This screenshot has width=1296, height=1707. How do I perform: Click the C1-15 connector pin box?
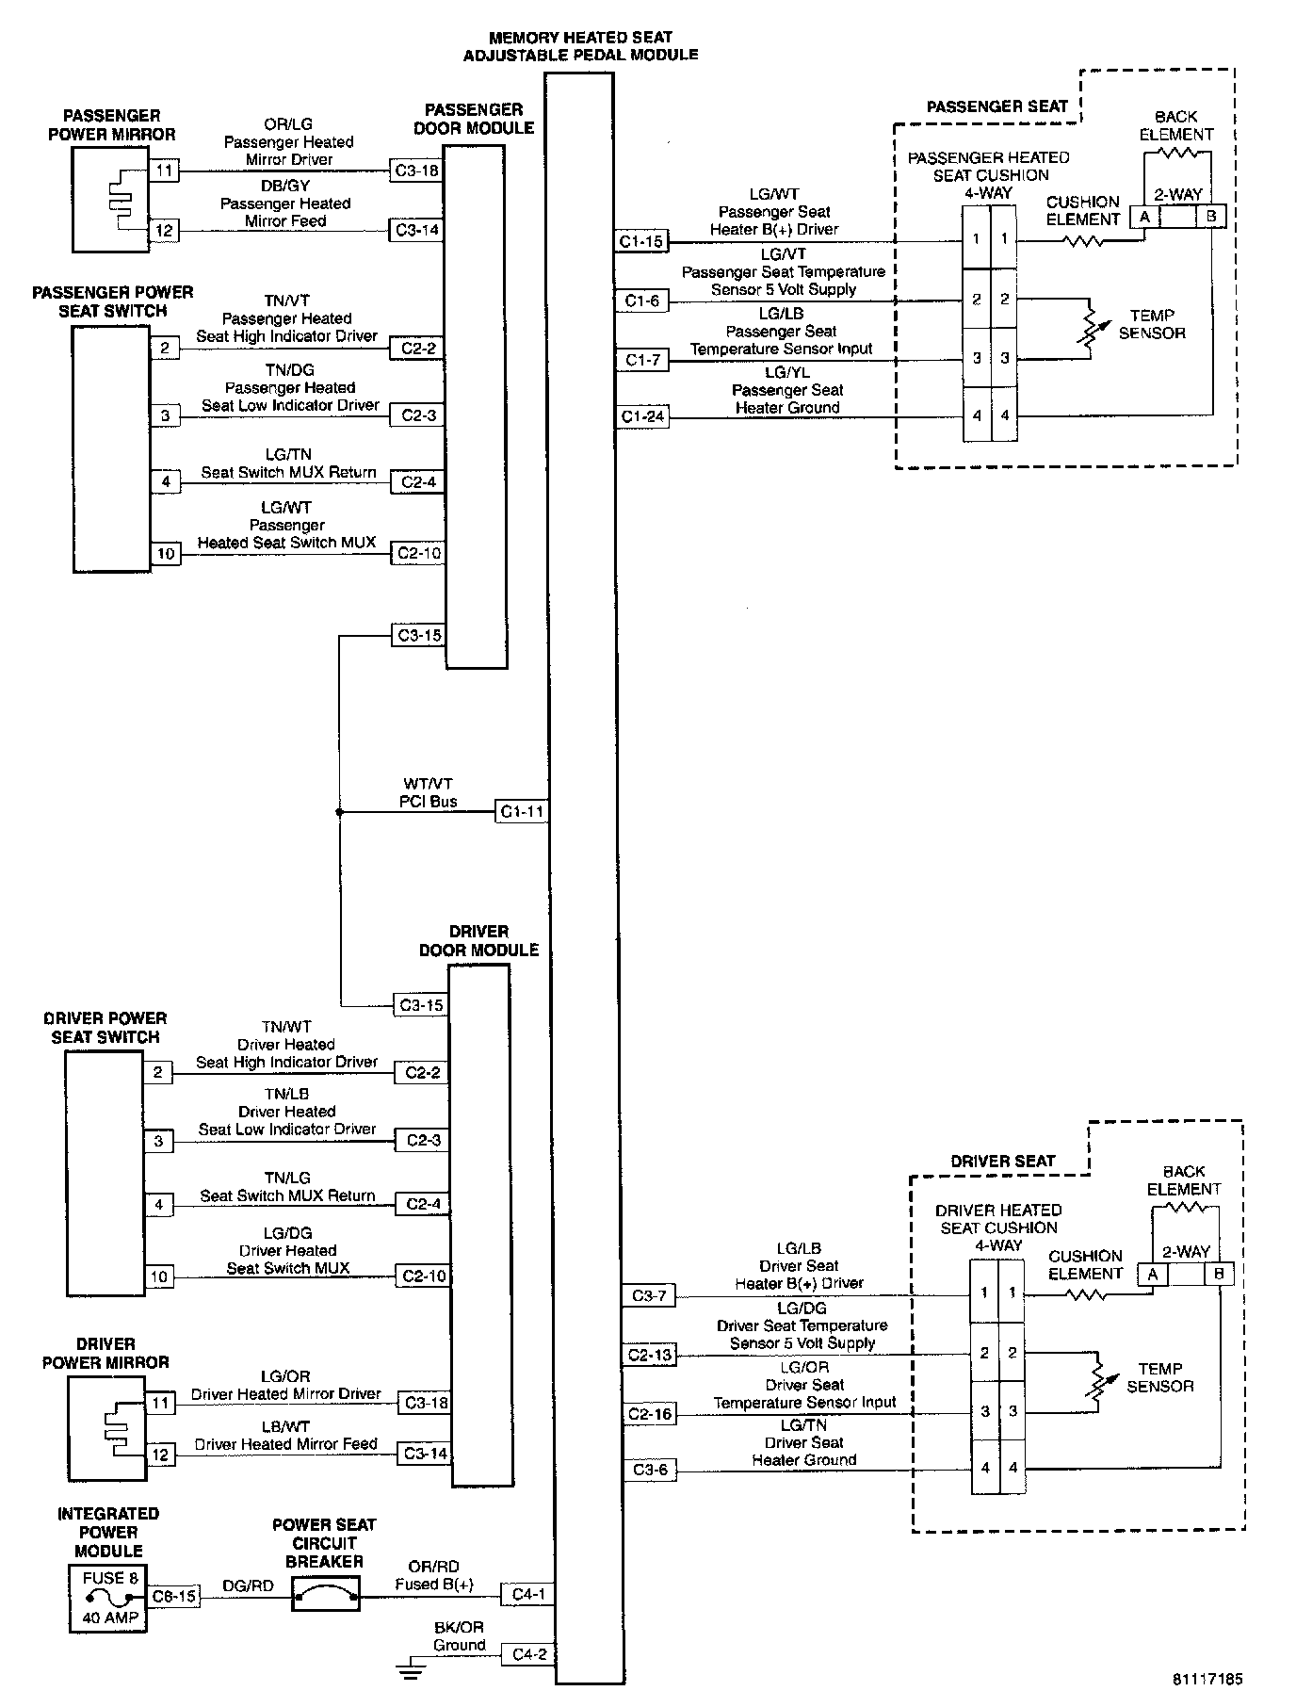(641, 241)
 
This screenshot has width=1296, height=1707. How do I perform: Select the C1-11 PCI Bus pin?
(521, 811)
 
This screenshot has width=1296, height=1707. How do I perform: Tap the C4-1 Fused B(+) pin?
(527, 1594)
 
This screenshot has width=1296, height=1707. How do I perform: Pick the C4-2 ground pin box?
(527, 1653)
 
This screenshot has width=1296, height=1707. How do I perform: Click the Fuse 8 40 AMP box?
(108, 1598)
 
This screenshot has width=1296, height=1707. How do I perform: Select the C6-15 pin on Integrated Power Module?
(175, 1596)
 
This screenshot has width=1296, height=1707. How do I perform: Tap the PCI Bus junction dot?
(339, 810)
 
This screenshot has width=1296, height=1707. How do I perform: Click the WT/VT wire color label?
(429, 784)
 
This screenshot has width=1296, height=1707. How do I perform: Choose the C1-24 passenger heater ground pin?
(642, 415)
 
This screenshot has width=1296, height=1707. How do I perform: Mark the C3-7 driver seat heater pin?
(649, 1295)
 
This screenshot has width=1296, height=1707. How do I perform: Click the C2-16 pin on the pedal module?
(650, 1413)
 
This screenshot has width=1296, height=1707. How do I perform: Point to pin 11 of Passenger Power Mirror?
(165, 171)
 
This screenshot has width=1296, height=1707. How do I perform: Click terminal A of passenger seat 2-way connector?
(1145, 216)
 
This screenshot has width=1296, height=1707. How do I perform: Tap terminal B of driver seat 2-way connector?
(1219, 1274)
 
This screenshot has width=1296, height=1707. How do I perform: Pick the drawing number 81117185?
(1207, 1678)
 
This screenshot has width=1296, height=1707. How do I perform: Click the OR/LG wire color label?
(288, 124)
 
